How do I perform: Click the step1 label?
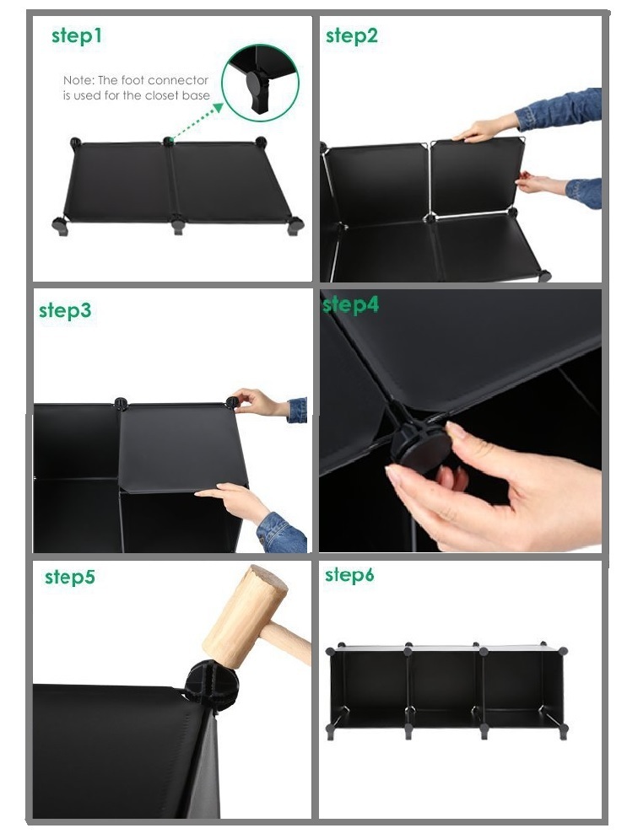[77, 36]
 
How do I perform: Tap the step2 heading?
[352, 36]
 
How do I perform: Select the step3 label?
[65, 310]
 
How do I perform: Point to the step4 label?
[351, 304]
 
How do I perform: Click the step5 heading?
[69, 577]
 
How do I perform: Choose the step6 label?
[349, 575]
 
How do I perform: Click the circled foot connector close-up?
[261, 83]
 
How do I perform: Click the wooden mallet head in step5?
[246, 616]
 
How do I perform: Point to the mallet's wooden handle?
[286, 641]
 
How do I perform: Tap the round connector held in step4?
[420, 446]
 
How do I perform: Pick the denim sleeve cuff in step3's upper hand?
[298, 410]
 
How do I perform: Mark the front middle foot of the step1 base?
[178, 224]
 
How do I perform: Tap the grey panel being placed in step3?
[182, 447]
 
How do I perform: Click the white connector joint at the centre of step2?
[430, 218]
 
